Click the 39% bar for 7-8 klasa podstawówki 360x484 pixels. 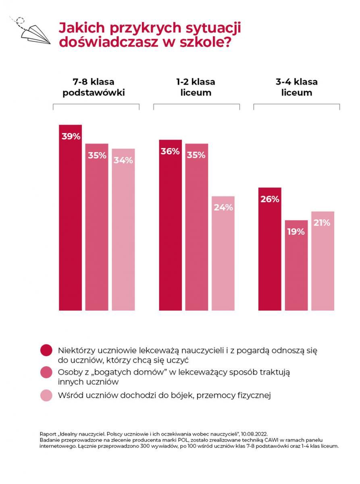[70, 218]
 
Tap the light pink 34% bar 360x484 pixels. [123, 229]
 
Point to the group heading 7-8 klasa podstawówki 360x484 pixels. [94, 87]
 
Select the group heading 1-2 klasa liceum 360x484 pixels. [196, 87]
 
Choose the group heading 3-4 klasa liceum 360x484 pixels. [296, 87]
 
